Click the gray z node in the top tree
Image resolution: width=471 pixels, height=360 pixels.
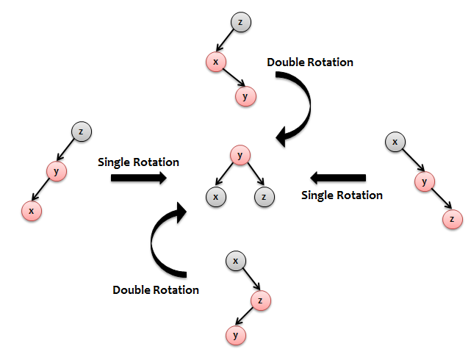pos(240,22)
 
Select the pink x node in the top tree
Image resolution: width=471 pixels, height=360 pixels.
pos(216,62)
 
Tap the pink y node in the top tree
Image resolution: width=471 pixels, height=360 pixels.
pos(245,96)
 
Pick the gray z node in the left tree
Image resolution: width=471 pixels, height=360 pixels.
pos(81,132)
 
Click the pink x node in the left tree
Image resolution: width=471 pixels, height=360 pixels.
pos(32,211)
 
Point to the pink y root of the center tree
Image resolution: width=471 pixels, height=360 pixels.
pos(240,155)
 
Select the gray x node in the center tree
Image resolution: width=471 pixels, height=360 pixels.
pos(216,197)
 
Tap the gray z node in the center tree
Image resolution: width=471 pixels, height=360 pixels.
pos(264,197)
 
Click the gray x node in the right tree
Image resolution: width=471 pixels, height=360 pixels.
pos(395,142)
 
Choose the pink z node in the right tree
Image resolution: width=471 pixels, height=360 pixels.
pos(452,219)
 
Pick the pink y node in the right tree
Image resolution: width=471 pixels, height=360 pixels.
pos(424,181)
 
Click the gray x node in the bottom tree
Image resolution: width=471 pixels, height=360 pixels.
pos(235,261)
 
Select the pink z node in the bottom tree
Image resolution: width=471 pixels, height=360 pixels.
pos(260,300)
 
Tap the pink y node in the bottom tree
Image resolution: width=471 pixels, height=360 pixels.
pos(235,335)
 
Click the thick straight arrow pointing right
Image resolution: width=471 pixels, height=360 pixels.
pos(138,178)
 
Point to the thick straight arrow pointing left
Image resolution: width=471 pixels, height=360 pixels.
pos(338,178)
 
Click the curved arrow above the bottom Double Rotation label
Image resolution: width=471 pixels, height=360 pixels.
pos(152,243)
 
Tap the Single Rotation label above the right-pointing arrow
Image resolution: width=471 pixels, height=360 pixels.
pos(138,162)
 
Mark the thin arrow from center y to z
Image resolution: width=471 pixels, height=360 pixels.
pos(256,174)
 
